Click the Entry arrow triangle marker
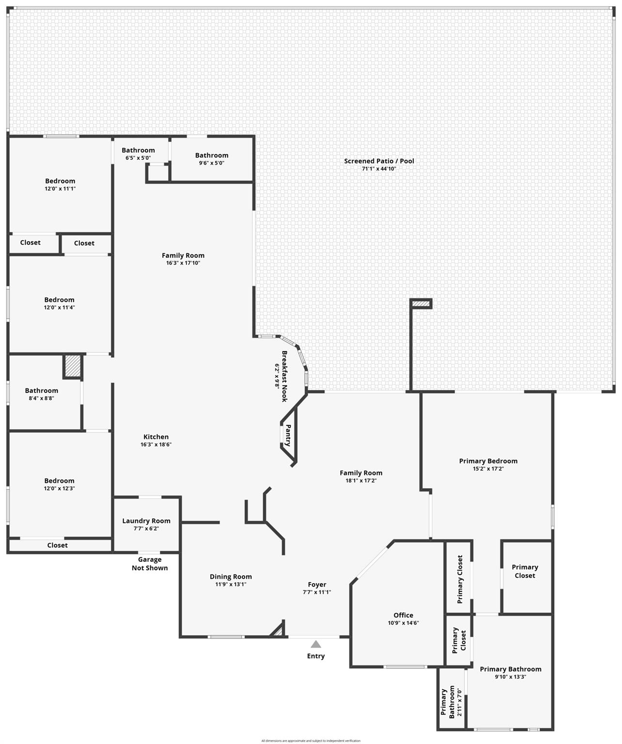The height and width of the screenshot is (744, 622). [316, 644]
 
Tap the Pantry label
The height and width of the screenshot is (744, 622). [288, 435]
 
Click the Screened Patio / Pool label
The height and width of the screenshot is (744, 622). [379, 161]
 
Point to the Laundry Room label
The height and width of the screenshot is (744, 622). [146, 521]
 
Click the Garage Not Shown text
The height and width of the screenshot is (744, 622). [150, 564]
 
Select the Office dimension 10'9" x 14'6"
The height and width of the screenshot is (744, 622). [403, 623]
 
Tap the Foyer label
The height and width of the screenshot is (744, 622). [317, 585]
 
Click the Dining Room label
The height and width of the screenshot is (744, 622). [231, 576]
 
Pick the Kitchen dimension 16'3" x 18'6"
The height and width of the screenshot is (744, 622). [156, 444]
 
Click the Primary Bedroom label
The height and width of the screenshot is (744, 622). [488, 461]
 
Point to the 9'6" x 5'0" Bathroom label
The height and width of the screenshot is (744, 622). [212, 155]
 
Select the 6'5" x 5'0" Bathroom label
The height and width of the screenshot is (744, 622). [138, 151]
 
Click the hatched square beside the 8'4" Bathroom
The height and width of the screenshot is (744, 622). [73, 367]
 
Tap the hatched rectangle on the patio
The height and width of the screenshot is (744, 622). [421, 304]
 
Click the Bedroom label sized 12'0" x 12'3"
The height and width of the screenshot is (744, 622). [60, 481]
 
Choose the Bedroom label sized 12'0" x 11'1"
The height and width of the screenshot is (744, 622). [60, 181]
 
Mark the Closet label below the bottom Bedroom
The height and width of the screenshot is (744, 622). [57, 545]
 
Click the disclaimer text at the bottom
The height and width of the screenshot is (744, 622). [311, 741]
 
